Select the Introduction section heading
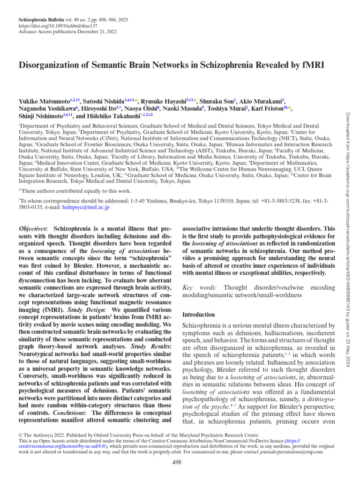(198, 315)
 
